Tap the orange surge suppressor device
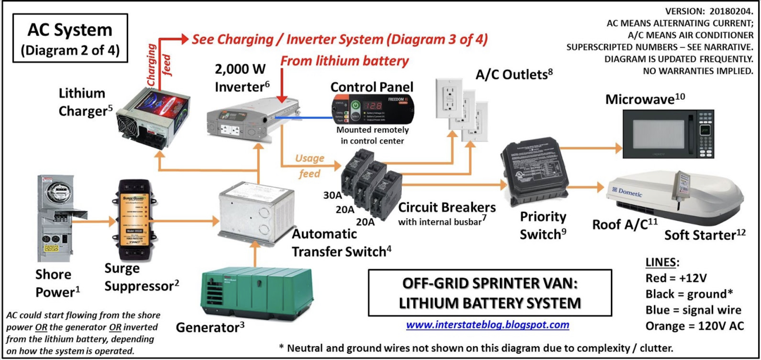[134, 220]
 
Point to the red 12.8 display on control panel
[373, 105]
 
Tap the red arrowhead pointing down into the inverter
[282, 99]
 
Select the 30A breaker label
[332, 195]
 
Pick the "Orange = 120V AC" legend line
[694, 326]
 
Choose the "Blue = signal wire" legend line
[693, 310]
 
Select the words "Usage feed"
[310, 166]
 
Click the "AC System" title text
[70, 30]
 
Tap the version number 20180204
[731, 11]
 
